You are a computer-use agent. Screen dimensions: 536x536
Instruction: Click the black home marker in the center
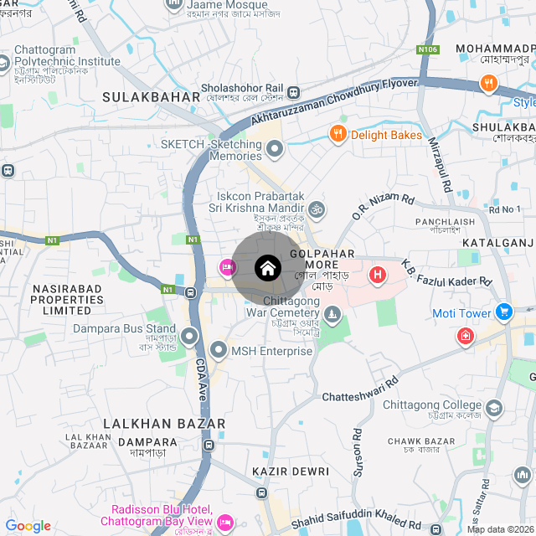pos(268,268)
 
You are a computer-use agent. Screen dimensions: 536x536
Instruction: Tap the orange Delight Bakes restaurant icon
pos(338,134)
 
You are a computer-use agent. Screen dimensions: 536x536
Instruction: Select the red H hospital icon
pos(378,274)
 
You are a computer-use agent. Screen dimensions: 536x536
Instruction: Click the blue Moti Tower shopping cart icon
pos(503,313)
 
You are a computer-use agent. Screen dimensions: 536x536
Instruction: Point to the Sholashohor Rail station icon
pos(293,93)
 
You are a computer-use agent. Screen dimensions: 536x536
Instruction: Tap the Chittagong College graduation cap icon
pos(494,408)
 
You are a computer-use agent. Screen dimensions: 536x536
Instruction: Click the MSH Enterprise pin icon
pos(219,350)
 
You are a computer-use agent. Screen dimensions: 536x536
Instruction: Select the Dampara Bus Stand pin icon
pos(189,337)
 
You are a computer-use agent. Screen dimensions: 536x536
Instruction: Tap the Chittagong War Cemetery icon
pos(333,315)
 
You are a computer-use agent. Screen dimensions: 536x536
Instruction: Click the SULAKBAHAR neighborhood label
pos(152,97)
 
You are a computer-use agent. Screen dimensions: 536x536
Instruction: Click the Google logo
pos(28,526)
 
